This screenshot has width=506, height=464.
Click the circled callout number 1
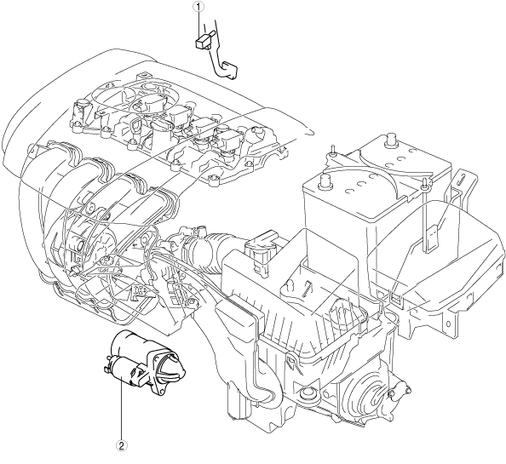click(198, 6)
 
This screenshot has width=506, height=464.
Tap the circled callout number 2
click(121, 445)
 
